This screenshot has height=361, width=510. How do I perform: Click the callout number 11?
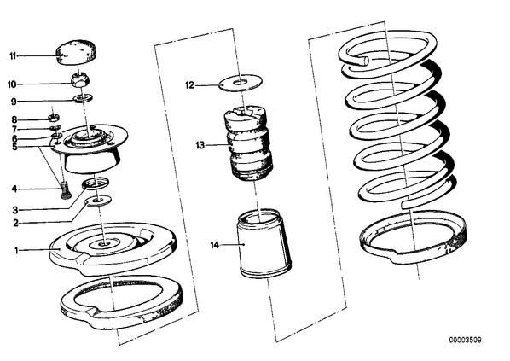[x=13, y=56]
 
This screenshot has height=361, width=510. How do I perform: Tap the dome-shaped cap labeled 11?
[x=77, y=52]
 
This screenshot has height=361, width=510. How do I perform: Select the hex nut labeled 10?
[x=80, y=79]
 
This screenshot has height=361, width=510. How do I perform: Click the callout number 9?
[x=14, y=102]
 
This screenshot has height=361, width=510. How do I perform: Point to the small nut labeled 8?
[x=54, y=118]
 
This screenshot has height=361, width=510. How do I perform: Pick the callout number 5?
[x=14, y=147]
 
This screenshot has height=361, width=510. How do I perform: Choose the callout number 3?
[x=15, y=210]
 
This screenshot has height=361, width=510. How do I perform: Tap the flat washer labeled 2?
[x=98, y=200]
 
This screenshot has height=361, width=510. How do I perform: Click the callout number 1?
[x=16, y=250]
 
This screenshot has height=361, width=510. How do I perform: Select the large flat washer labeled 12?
[x=241, y=83]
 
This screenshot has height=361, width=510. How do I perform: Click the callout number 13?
[x=200, y=145]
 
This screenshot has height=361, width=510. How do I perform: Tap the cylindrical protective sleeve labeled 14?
[x=264, y=243]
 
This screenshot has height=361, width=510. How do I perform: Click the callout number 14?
[x=215, y=245]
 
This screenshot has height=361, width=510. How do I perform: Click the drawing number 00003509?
[x=465, y=341]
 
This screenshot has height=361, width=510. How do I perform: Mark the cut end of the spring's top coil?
[x=365, y=61]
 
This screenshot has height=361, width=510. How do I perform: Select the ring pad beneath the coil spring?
[x=414, y=237]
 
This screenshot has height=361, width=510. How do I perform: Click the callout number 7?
[x=14, y=129]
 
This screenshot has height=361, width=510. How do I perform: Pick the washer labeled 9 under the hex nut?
[x=83, y=97]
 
